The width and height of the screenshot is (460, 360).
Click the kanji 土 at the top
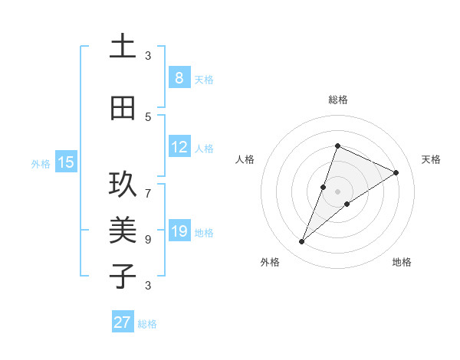click(x=123, y=47)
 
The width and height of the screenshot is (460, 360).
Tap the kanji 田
click(x=123, y=108)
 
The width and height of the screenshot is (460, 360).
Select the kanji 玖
click(x=123, y=185)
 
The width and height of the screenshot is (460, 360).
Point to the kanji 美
click(x=123, y=229)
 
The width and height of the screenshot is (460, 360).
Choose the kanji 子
click(x=123, y=275)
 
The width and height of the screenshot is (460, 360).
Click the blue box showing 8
click(x=179, y=78)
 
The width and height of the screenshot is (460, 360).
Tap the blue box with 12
click(x=179, y=147)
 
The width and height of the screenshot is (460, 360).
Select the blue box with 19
click(x=179, y=231)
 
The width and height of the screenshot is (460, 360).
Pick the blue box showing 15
click(x=66, y=162)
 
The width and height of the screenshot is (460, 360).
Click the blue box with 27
click(x=123, y=322)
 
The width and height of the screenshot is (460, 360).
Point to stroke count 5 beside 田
click(x=148, y=116)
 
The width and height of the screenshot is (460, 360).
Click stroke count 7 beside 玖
click(x=148, y=185)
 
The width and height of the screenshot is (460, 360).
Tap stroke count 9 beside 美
click(x=148, y=239)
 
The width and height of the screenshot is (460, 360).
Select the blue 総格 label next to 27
click(x=147, y=324)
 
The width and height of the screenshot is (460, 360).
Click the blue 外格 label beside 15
click(x=41, y=163)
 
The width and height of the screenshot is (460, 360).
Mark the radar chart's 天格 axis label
click(x=431, y=159)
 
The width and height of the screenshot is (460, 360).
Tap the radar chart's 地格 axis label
click(x=402, y=262)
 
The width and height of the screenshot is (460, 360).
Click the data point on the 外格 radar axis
click(x=302, y=242)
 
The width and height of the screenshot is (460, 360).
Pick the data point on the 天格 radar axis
click(x=396, y=173)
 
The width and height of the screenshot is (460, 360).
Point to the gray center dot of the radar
click(x=338, y=191)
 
